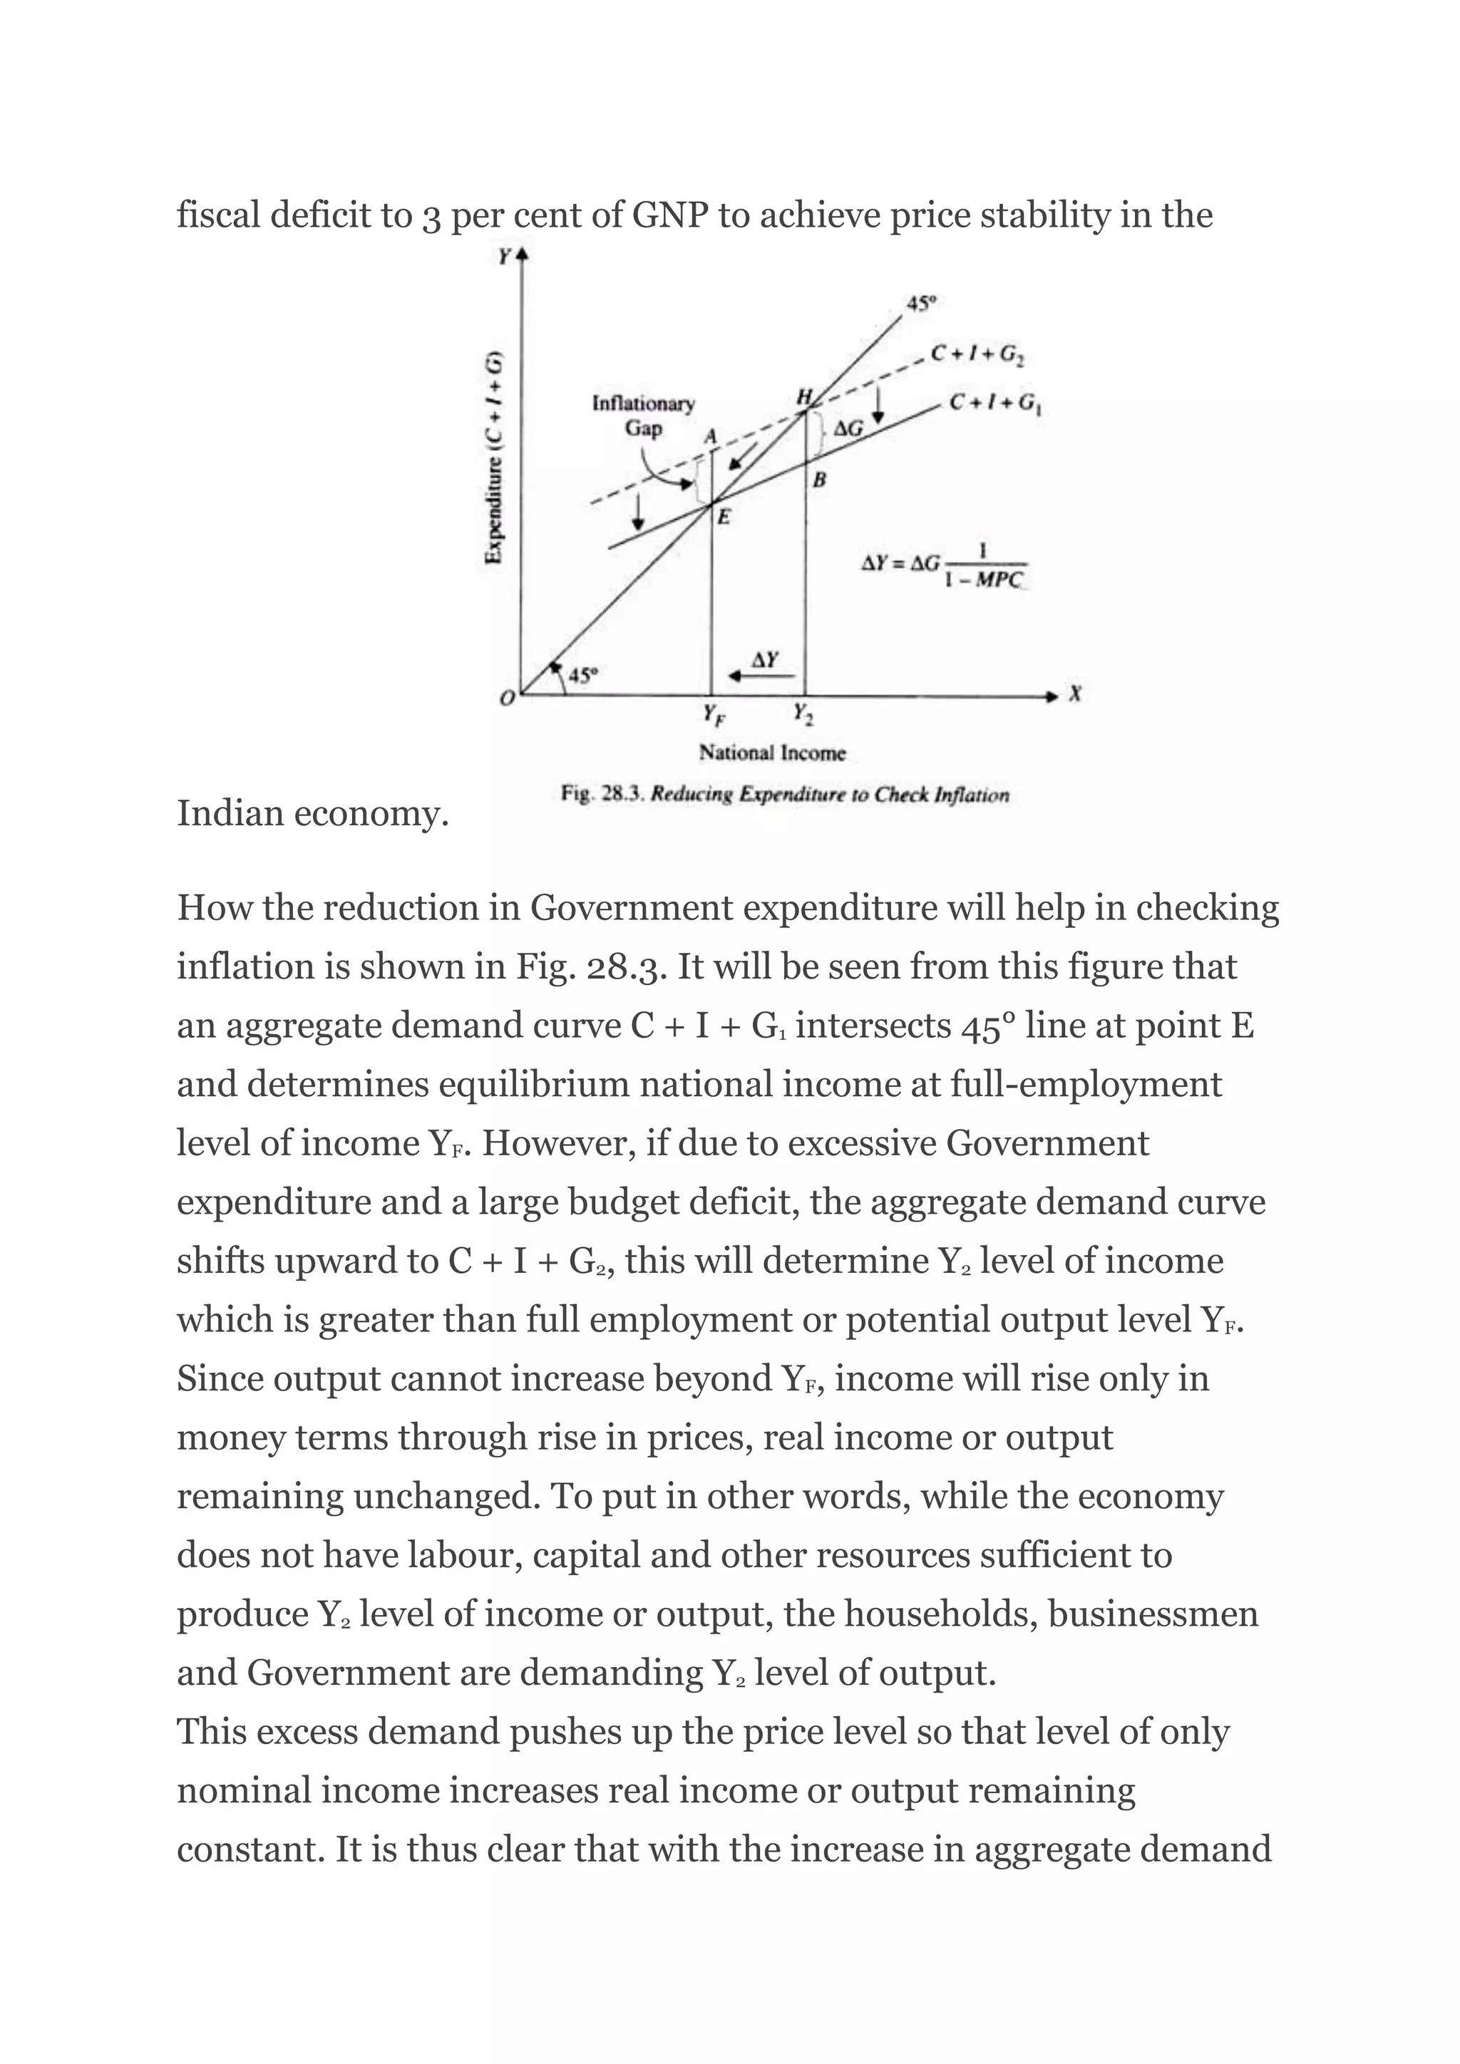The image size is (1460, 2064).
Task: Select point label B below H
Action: click(x=819, y=481)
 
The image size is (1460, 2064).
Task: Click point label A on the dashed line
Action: click(x=710, y=437)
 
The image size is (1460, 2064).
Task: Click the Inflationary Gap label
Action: click(x=643, y=416)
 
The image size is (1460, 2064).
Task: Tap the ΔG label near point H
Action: click(x=848, y=430)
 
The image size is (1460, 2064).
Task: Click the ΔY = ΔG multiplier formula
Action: click(x=943, y=567)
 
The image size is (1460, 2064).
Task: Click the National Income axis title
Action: click(x=772, y=753)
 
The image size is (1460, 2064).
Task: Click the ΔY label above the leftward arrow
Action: click(x=764, y=660)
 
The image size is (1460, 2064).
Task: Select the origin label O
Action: click(x=507, y=698)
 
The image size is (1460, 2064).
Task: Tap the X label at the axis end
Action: click(x=1075, y=694)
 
